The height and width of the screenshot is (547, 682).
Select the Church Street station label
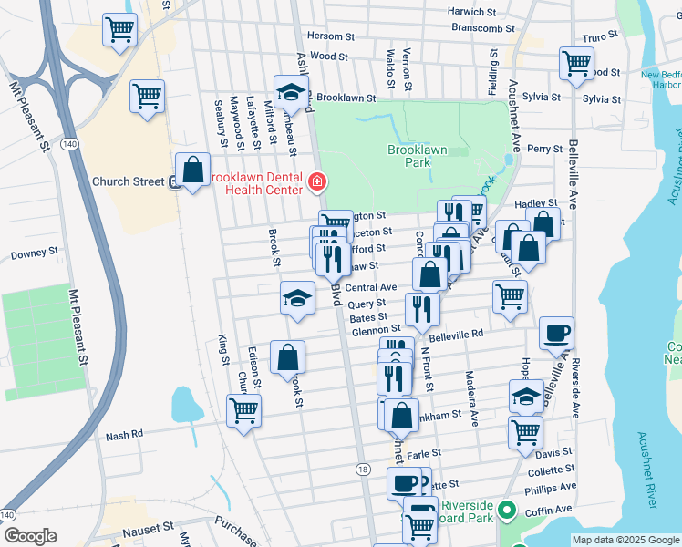[x=128, y=181]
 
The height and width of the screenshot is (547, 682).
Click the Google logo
[x=30, y=536]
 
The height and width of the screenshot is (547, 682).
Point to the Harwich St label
[x=470, y=12]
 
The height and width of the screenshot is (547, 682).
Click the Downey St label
[x=34, y=253]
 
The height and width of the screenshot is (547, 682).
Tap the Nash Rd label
[x=125, y=435]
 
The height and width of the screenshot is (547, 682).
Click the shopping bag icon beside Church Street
[x=192, y=170]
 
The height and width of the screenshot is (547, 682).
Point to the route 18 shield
[x=363, y=469]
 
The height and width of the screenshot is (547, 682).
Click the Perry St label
[x=544, y=148]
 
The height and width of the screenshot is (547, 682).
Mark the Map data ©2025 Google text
[x=625, y=540]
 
